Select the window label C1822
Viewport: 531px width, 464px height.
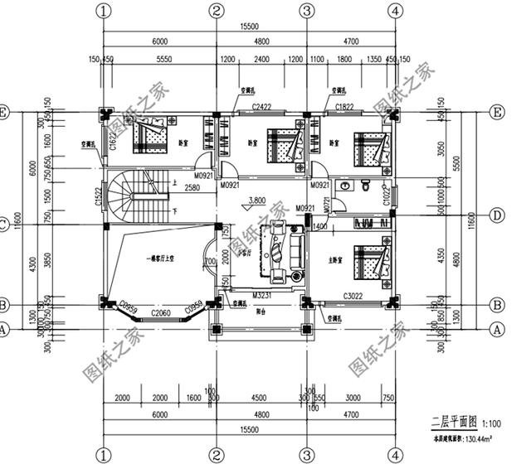click(345, 108)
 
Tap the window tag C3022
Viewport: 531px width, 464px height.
click(353, 296)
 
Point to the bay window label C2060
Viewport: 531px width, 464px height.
click(161, 313)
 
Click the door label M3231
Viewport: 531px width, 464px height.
click(263, 295)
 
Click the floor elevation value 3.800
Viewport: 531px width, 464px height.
click(257, 200)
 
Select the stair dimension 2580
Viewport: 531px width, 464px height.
click(192, 189)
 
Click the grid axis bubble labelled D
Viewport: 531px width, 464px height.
click(497, 215)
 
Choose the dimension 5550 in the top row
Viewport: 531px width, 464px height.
click(163, 60)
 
